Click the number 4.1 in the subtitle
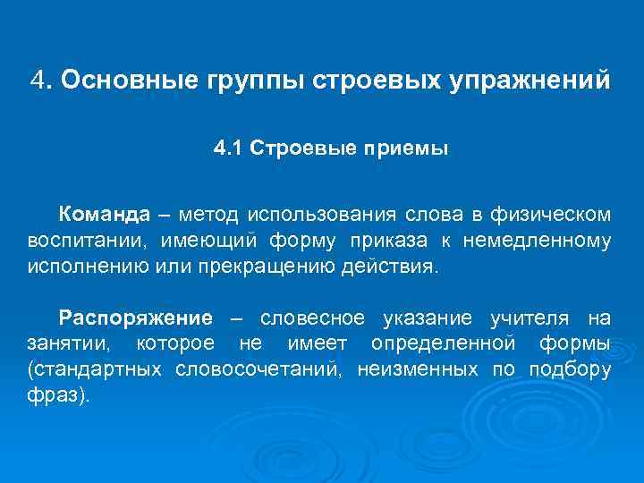[228, 148]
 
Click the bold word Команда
[105, 215]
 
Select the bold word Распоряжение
[135, 318]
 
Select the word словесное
[312, 318]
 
